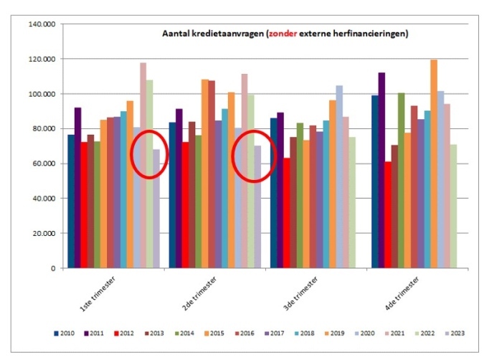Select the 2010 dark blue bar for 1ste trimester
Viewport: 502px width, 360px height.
71,202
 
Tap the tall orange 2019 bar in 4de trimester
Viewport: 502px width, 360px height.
434,164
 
